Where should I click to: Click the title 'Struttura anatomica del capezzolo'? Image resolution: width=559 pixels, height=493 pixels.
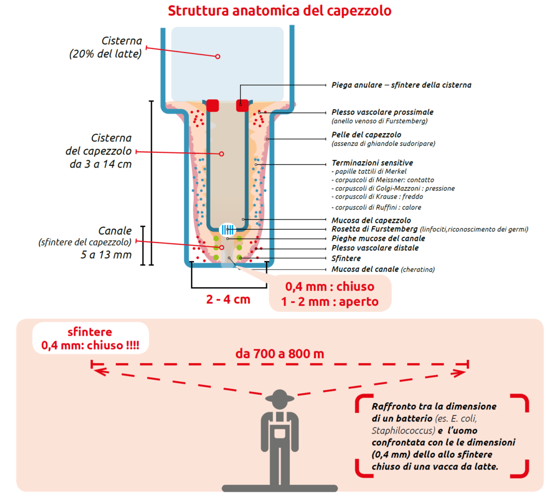click(279, 11)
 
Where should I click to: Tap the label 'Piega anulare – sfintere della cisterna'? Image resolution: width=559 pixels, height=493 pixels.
click(401, 85)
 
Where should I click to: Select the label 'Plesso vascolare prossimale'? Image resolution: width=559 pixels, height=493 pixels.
click(382, 112)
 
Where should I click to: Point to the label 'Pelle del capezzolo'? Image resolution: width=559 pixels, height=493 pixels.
click(366, 134)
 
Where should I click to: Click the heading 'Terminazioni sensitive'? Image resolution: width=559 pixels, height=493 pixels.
click(372, 163)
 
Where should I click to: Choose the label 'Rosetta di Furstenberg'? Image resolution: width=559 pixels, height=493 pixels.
click(371, 229)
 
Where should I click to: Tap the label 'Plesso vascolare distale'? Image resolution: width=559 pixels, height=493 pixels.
click(375, 248)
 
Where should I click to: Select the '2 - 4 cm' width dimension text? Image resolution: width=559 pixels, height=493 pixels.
click(229, 300)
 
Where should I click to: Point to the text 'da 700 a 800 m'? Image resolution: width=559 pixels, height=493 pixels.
click(279, 353)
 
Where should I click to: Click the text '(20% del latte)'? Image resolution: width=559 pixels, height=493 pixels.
click(105, 54)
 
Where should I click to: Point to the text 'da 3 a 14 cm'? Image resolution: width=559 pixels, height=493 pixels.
click(100, 164)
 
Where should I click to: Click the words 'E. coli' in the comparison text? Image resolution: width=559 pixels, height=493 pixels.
click(465, 419)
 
